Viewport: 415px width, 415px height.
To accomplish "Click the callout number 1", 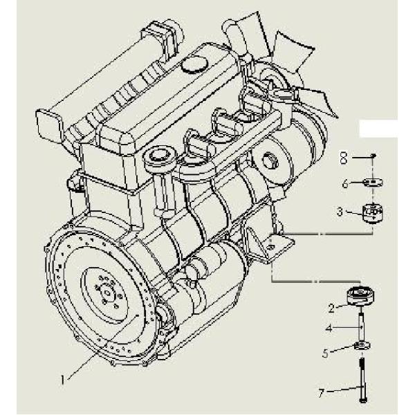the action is (63, 380).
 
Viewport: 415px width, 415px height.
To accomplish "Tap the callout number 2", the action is (331, 308).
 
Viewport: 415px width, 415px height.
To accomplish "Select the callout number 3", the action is (340, 212).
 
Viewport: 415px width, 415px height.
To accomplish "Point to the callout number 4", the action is (329, 329).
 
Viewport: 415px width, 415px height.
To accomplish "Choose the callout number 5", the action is (325, 353).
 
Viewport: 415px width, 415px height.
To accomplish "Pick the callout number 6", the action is (345, 183).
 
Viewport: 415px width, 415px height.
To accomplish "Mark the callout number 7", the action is (322, 394).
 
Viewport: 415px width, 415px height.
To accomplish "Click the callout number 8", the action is (344, 158).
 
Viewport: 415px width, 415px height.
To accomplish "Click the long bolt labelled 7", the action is (362, 380).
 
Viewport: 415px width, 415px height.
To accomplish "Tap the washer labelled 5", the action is (362, 345).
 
